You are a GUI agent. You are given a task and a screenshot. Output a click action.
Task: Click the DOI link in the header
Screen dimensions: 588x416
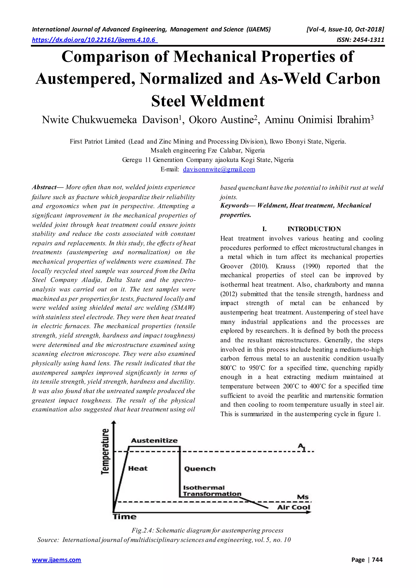tap(94, 40)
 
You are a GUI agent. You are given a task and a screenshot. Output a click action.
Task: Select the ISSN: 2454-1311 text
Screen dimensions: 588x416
tap(360, 40)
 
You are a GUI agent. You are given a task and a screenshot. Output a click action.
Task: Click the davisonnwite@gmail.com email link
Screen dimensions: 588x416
tap(219, 169)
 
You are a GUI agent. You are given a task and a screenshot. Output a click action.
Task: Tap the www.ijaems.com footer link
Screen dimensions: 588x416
tap(56, 560)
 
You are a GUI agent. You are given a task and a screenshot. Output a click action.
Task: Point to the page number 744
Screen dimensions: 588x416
tap(377, 560)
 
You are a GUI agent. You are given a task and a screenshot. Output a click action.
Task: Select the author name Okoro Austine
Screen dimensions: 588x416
tap(221, 120)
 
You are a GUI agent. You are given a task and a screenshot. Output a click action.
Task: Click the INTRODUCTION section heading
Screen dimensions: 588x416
tap(314, 229)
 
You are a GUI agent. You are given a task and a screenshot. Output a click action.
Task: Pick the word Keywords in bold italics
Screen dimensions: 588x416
tap(234, 205)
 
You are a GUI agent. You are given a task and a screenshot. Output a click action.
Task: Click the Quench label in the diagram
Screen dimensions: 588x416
tap(200, 469)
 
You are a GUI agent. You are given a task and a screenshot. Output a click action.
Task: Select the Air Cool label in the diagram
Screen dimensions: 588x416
tap(294, 507)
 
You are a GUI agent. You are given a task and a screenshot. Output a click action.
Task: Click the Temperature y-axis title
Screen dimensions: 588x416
tap(105, 451)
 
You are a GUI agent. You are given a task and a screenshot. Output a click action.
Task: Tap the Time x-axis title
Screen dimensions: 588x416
tap(125, 517)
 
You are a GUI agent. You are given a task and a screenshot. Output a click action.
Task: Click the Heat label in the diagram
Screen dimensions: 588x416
tap(138, 469)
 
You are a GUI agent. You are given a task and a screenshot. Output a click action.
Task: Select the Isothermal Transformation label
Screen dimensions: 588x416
tap(212, 491)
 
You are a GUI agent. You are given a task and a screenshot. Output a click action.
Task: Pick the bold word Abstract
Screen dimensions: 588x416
tap(44, 187)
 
